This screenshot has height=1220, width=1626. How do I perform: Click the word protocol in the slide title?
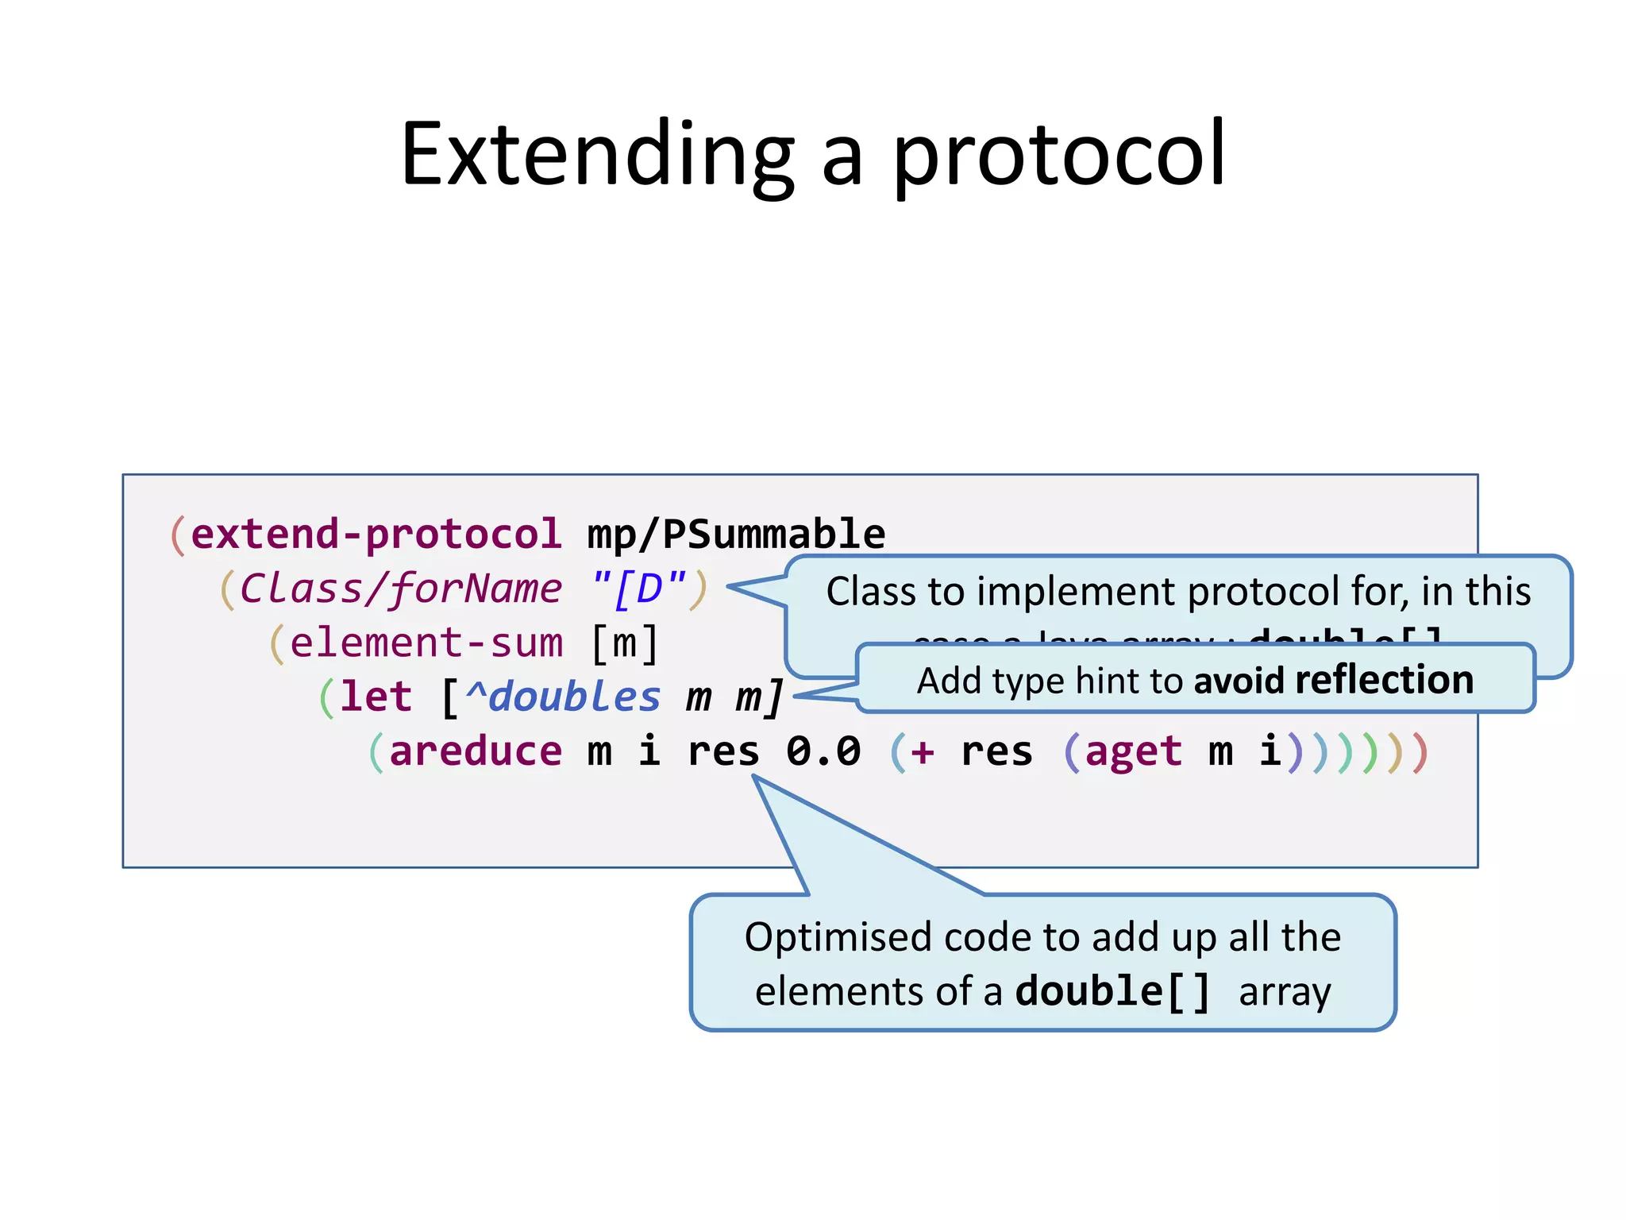1059,155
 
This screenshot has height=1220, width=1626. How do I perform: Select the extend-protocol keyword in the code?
376,534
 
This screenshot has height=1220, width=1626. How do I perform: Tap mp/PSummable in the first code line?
736,534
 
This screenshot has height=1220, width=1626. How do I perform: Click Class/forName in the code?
401,589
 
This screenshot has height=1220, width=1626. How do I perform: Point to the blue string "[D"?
639,589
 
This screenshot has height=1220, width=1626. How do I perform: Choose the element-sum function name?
426,643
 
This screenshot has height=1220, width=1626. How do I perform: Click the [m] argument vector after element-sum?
625,643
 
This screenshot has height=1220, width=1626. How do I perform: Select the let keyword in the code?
376,697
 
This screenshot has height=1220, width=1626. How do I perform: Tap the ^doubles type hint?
563,697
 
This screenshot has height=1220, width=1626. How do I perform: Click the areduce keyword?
476,751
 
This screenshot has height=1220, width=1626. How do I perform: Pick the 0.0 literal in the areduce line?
823,751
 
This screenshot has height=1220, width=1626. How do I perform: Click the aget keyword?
1133,751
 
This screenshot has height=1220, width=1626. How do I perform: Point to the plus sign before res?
922,751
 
